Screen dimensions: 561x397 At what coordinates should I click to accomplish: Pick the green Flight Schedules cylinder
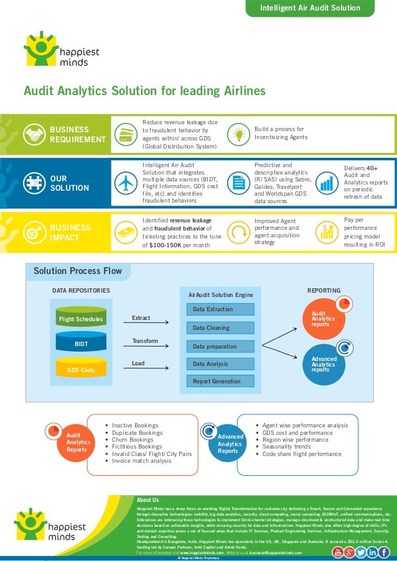click(80, 319)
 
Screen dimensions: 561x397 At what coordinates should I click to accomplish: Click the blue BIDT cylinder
click(80, 343)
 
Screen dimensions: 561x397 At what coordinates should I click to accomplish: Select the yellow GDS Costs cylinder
click(80, 370)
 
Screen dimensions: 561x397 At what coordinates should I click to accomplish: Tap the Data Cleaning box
click(212, 327)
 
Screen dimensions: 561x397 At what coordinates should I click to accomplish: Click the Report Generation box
click(212, 381)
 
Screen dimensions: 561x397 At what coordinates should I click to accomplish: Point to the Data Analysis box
click(212, 363)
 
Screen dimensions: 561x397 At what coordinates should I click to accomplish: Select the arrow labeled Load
click(150, 368)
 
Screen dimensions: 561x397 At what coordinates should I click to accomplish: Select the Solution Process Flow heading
click(78, 271)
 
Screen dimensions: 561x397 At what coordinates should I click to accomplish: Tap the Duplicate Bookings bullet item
click(137, 432)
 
